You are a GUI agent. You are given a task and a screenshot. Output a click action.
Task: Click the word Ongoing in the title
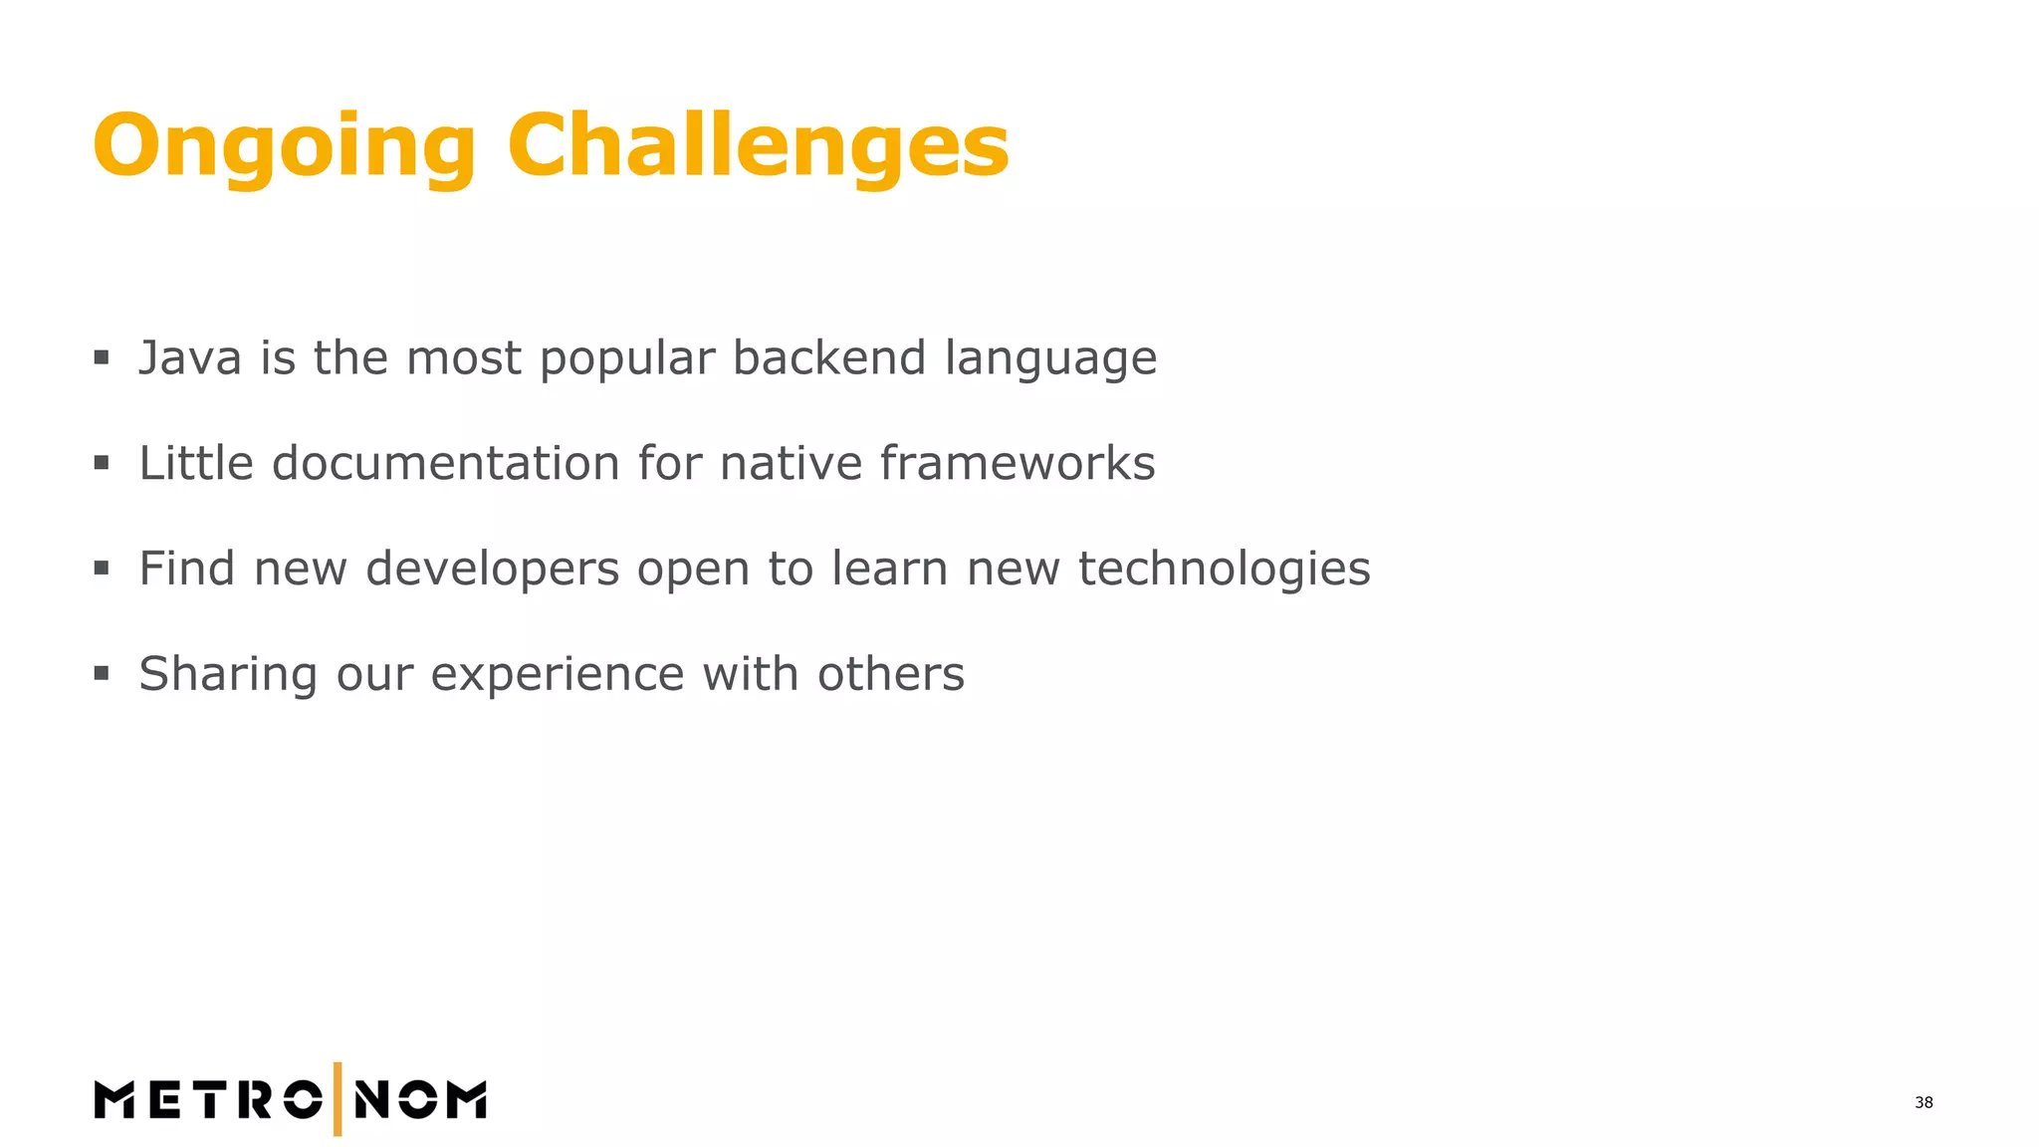(x=284, y=147)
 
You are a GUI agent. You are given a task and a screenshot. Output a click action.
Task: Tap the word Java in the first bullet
(x=189, y=358)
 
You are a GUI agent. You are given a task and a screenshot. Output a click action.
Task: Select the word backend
(x=829, y=358)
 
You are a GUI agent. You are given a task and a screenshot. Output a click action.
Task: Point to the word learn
(x=890, y=570)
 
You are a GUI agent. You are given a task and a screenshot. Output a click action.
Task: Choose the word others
(x=891, y=675)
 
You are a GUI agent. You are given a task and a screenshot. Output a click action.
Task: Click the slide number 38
(x=1924, y=1102)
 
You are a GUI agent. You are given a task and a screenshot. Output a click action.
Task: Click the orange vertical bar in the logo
(x=338, y=1099)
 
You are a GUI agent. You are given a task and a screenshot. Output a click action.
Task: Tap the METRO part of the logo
(x=208, y=1100)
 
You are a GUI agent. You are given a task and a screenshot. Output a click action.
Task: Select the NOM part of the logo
(x=420, y=1100)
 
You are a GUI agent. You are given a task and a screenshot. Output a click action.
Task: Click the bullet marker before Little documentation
(x=102, y=463)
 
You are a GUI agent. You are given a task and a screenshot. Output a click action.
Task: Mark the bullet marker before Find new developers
(x=102, y=569)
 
